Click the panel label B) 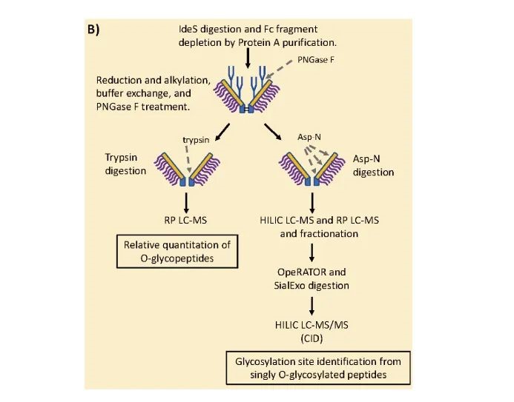95,30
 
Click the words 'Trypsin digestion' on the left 124,164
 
